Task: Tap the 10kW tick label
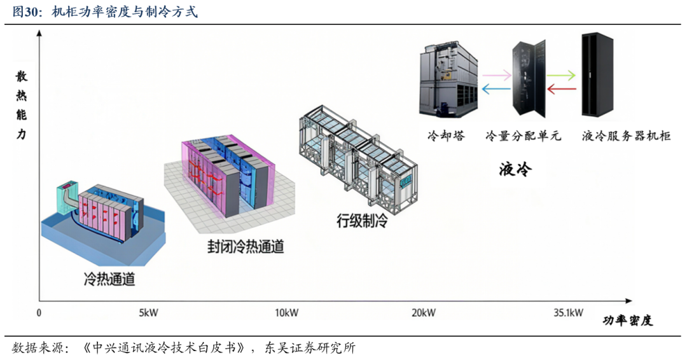point(286,313)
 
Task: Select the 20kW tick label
point(424,313)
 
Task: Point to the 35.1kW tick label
point(569,313)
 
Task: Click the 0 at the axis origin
point(39,313)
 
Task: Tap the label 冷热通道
point(109,279)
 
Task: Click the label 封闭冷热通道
point(246,246)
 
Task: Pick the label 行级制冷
point(362,221)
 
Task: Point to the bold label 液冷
point(515,170)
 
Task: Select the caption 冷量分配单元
point(523,136)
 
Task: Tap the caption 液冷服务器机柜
point(627,136)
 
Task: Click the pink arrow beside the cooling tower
point(497,75)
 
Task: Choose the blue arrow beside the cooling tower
point(497,90)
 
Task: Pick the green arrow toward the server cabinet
point(562,75)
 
